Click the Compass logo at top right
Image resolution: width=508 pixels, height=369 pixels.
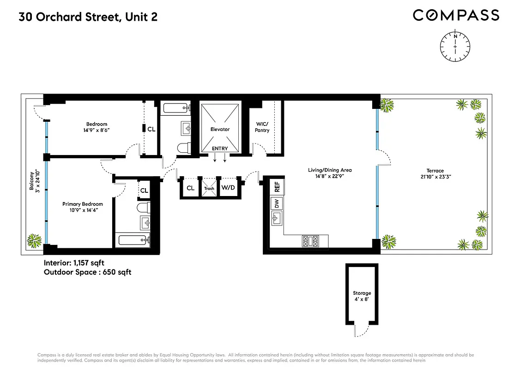coord(456,15)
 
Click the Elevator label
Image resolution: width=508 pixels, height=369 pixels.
coord(220,129)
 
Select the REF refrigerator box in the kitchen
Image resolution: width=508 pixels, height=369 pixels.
coord(277,187)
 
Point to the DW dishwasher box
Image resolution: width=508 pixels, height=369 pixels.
coord(277,203)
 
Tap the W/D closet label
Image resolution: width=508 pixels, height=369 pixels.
coord(227,188)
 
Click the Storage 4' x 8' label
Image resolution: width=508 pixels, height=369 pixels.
coord(362,296)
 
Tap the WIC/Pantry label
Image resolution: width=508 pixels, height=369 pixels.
coord(262,127)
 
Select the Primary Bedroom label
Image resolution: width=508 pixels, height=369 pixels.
coord(83,207)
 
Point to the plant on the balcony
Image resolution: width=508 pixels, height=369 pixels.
coord(33,240)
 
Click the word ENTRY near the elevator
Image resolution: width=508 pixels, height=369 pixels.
coord(220,149)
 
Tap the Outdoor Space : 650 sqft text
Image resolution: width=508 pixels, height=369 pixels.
coord(87,272)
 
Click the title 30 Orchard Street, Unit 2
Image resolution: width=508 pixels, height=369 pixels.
coord(88,18)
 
